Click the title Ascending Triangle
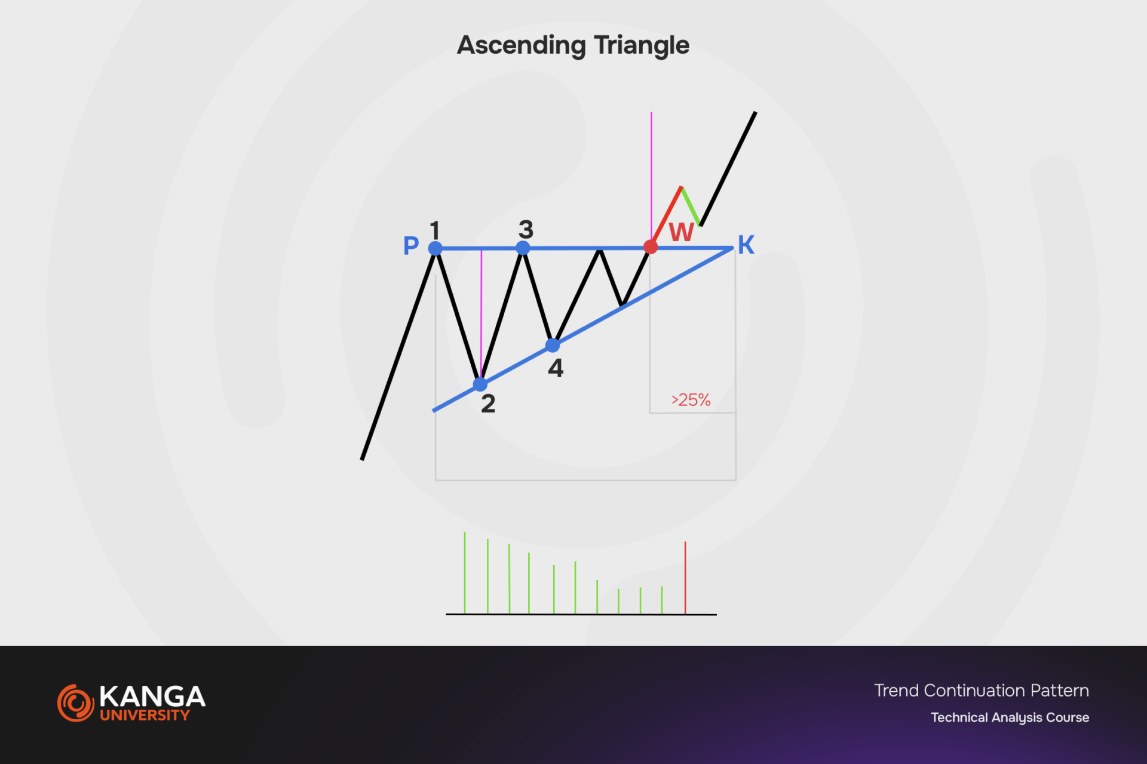573,45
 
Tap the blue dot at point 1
436,248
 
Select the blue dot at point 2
480,384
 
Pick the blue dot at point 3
523,248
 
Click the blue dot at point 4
553,345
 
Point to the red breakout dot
651,247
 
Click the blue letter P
411,245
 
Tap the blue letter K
746,245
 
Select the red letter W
682,232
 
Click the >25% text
691,400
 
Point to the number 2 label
488,404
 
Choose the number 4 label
556,368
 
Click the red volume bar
685,578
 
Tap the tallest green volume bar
465,572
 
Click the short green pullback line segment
691,207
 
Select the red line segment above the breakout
666,216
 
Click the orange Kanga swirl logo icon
76,703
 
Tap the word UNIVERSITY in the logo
145,715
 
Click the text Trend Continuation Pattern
982,691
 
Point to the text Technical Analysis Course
1010,717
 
